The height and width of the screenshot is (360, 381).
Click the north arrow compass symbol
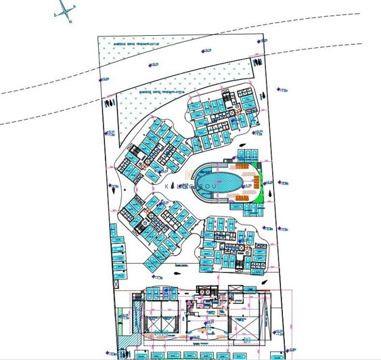[x=66, y=10]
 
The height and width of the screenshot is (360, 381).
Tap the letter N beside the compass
[x=70, y=20]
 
